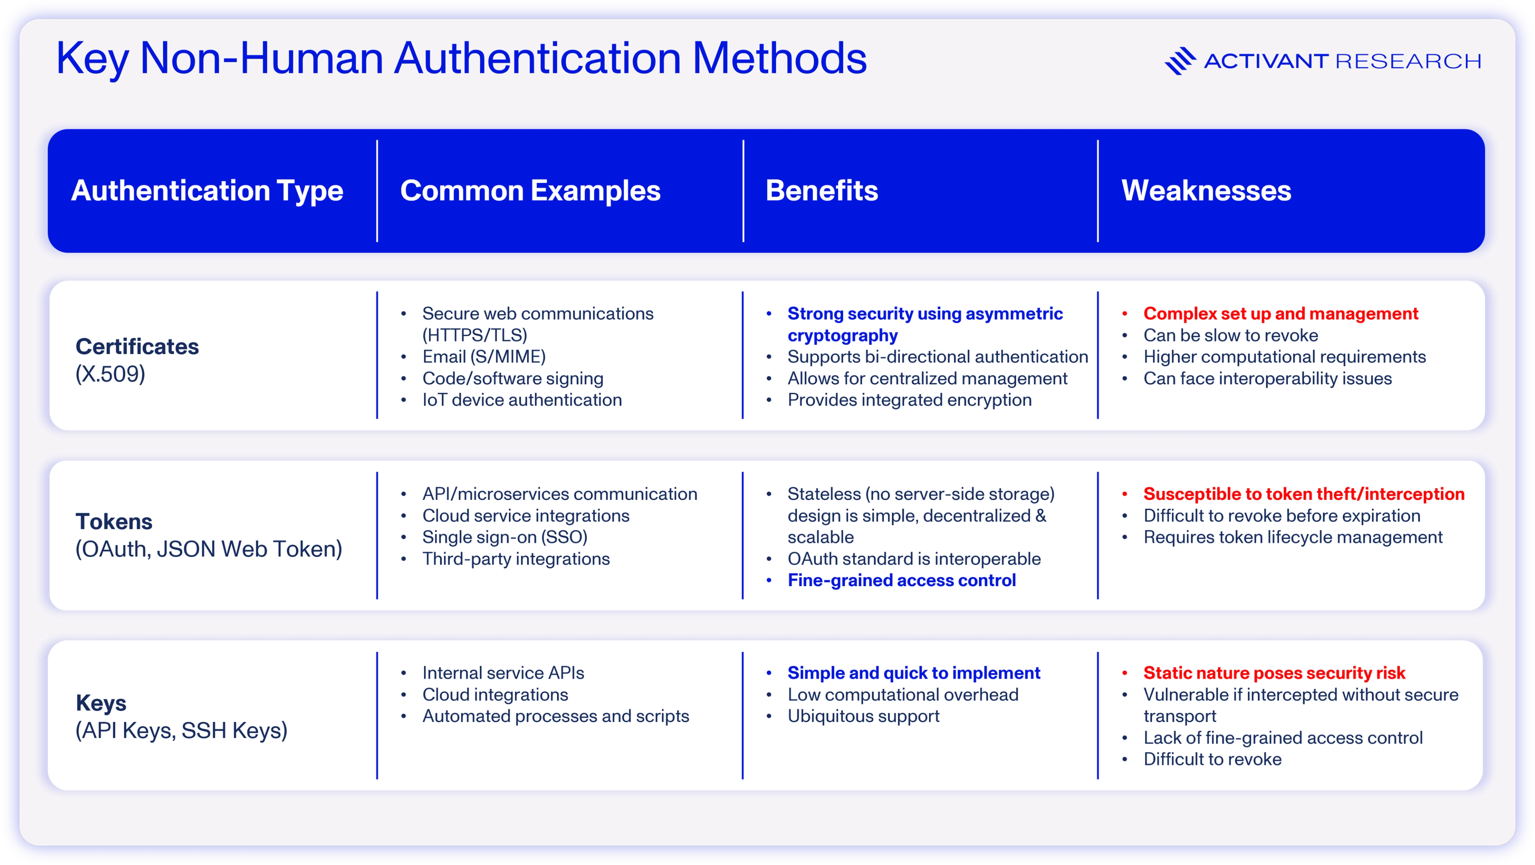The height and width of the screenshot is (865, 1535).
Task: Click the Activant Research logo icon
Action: pyautogui.click(x=1180, y=61)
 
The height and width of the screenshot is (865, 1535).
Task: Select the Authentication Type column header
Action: pyautogui.click(x=207, y=191)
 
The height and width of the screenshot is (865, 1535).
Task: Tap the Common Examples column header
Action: pyautogui.click(x=530, y=191)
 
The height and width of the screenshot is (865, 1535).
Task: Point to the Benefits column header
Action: pyautogui.click(x=822, y=191)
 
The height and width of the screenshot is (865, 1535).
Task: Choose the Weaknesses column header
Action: pyautogui.click(x=1206, y=191)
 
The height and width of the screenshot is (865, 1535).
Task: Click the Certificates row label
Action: pyautogui.click(x=137, y=347)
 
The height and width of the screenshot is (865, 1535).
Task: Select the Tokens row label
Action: pyautogui.click(x=114, y=522)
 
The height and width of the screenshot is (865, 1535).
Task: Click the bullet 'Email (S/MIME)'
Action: pyautogui.click(x=484, y=357)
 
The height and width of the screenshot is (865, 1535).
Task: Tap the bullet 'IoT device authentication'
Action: pyautogui.click(x=522, y=400)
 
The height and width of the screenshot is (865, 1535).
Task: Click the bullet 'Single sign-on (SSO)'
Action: pyautogui.click(x=505, y=537)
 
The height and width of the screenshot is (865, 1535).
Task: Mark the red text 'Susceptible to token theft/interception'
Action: pyautogui.click(x=1304, y=494)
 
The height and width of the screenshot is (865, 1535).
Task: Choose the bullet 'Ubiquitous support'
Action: pyautogui.click(x=863, y=716)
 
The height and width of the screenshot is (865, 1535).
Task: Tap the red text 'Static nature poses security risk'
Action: pyautogui.click(x=1274, y=673)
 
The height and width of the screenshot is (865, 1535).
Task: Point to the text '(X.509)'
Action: pyautogui.click(x=110, y=374)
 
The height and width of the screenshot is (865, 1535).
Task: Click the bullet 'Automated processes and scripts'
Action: pyautogui.click(x=555, y=716)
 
